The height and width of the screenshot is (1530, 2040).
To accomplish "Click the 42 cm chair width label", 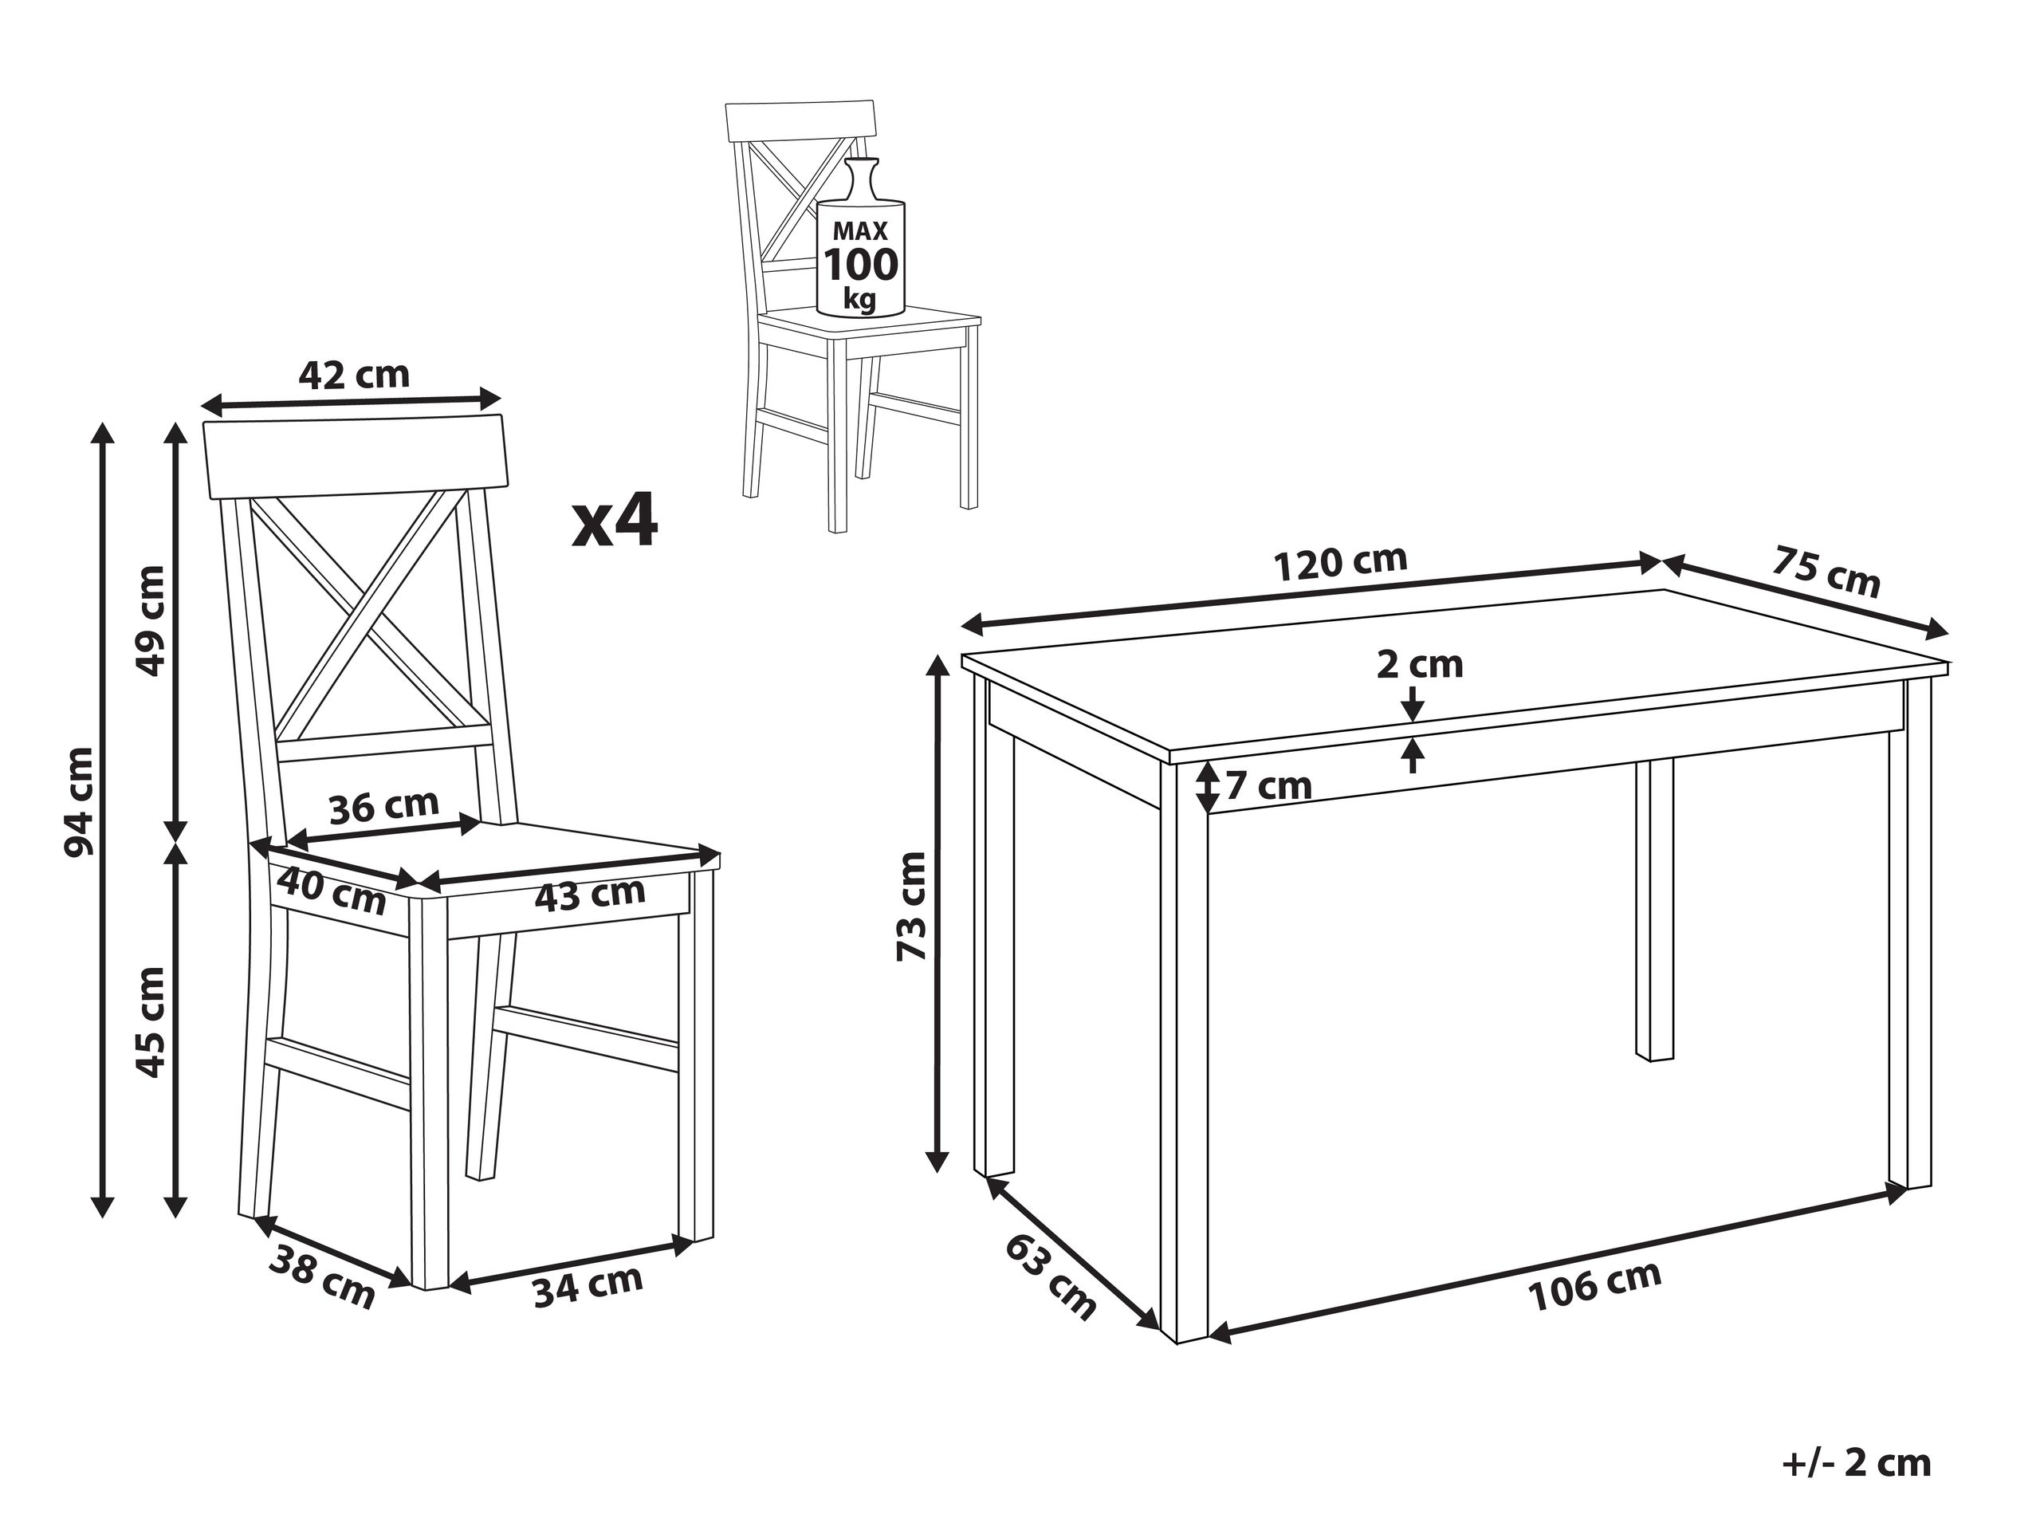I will pyautogui.click(x=353, y=375).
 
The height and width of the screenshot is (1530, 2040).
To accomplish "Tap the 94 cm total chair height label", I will pyautogui.click(x=81, y=801).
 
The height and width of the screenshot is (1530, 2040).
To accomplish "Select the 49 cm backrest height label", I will pyautogui.click(x=151, y=620).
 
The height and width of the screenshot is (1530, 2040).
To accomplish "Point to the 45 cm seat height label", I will pyautogui.click(x=151, y=1022).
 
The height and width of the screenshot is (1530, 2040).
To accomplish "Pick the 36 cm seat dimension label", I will pyautogui.click(x=383, y=807).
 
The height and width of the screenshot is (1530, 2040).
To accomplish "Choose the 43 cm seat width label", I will pyautogui.click(x=590, y=893).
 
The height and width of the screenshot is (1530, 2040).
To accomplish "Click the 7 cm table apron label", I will pyautogui.click(x=1268, y=787).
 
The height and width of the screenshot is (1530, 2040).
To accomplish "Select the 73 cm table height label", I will pyautogui.click(x=912, y=907).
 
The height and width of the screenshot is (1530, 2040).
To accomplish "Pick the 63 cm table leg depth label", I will pyautogui.click(x=1051, y=1276).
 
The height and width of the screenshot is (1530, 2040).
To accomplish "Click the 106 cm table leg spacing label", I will pyautogui.click(x=1594, y=1284).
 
